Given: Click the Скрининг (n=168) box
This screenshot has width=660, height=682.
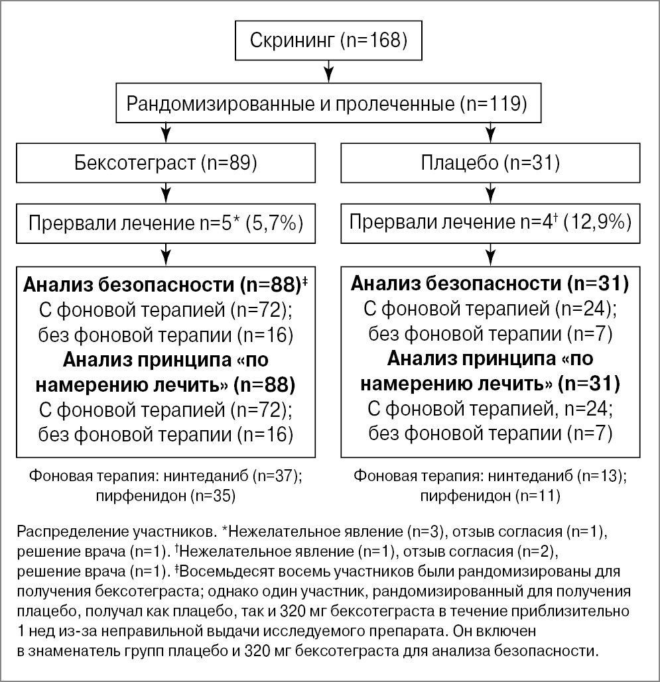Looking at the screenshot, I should point(328,42).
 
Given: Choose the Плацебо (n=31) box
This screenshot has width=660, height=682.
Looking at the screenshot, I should point(490,163).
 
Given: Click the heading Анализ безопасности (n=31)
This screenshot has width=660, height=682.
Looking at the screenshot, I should point(490,285).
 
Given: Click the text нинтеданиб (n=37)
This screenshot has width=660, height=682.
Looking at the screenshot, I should point(249,477).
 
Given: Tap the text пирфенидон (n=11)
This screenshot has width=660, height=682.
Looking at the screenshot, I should point(490,495).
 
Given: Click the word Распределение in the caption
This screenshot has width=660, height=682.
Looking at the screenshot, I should point(59,533).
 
